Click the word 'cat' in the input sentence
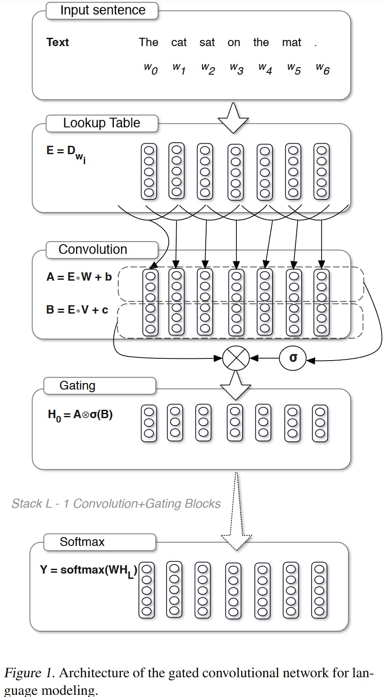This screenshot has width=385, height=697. pyautogui.click(x=179, y=43)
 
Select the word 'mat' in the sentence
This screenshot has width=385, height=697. pyautogui.click(x=291, y=43)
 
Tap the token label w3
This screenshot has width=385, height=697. pyautogui.click(x=236, y=69)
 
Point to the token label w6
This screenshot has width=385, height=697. pyautogui.click(x=323, y=69)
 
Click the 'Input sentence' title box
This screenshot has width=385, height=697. pyautogui.click(x=102, y=11)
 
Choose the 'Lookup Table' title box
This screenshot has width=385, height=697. pyautogui.click(x=102, y=123)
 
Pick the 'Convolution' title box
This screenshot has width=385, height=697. pyautogui.click(x=102, y=249)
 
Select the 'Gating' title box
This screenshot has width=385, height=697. pyautogui.click(x=100, y=386)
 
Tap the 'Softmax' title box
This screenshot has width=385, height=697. pyautogui.click(x=100, y=542)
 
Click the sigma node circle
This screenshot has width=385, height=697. pyautogui.click(x=293, y=358)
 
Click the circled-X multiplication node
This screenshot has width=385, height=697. pyautogui.click(x=236, y=358)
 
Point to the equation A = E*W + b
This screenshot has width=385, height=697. pyautogui.click(x=79, y=277)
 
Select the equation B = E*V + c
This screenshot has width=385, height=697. pyautogui.click(x=77, y=310)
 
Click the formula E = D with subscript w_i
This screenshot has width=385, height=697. pyautogui.click(x=66, y=153)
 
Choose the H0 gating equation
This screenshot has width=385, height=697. pyautogui.click(x=80, y=415)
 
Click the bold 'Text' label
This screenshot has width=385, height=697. pyautogui.click(x=58, y=42)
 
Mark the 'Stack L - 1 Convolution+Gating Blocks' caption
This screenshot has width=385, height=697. pyautogui.click(x=116, y=504)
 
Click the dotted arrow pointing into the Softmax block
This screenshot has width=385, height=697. pyautogui.click(x=236, y=514)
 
